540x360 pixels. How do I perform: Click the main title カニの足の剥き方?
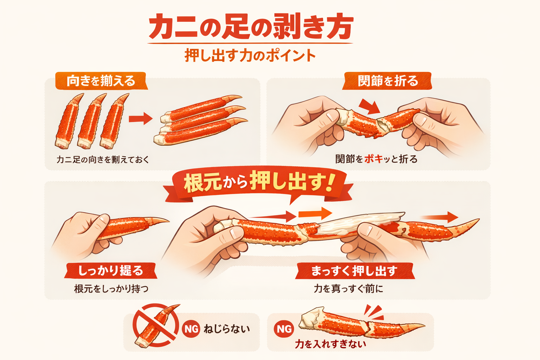pos(250,27)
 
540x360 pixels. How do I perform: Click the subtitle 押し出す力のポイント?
pos(250,56)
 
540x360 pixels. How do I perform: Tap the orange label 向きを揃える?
pos(101,81)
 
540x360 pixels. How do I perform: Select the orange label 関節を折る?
pos(387,81)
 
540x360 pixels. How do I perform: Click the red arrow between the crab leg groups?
pos(140,119)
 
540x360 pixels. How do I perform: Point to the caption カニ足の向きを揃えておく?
pos(103,160)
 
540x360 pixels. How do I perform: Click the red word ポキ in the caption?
pos(373,159)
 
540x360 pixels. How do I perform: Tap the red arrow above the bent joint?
pos(370,106)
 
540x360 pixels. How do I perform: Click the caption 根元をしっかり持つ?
pos(111,289)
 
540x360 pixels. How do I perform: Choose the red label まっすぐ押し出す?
pos(354,271)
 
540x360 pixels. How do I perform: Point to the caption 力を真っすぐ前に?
pos(348,289)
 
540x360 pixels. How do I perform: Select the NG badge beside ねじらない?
pos(191,329)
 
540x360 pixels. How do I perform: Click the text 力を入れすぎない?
pos(330,344)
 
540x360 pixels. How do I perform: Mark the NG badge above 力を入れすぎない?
pos(284,329)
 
